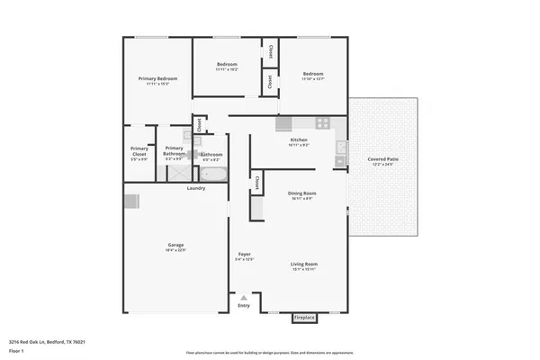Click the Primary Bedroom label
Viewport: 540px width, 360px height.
click(x=157, y=79)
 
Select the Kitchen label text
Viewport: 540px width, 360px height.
click(x=299, y=139)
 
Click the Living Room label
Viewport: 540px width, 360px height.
click(x=303, y=264)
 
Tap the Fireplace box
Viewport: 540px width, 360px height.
click(x=304, y=318)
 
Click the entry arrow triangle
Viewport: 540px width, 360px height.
click(x=243, y=297)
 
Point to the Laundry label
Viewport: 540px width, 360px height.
click(x=196, y=188)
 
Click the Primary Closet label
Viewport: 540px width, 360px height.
click(x=139, y=151)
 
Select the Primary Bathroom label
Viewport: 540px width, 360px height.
click(x=174, y=150)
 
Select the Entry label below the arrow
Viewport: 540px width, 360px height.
click(x=243, y=306)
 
